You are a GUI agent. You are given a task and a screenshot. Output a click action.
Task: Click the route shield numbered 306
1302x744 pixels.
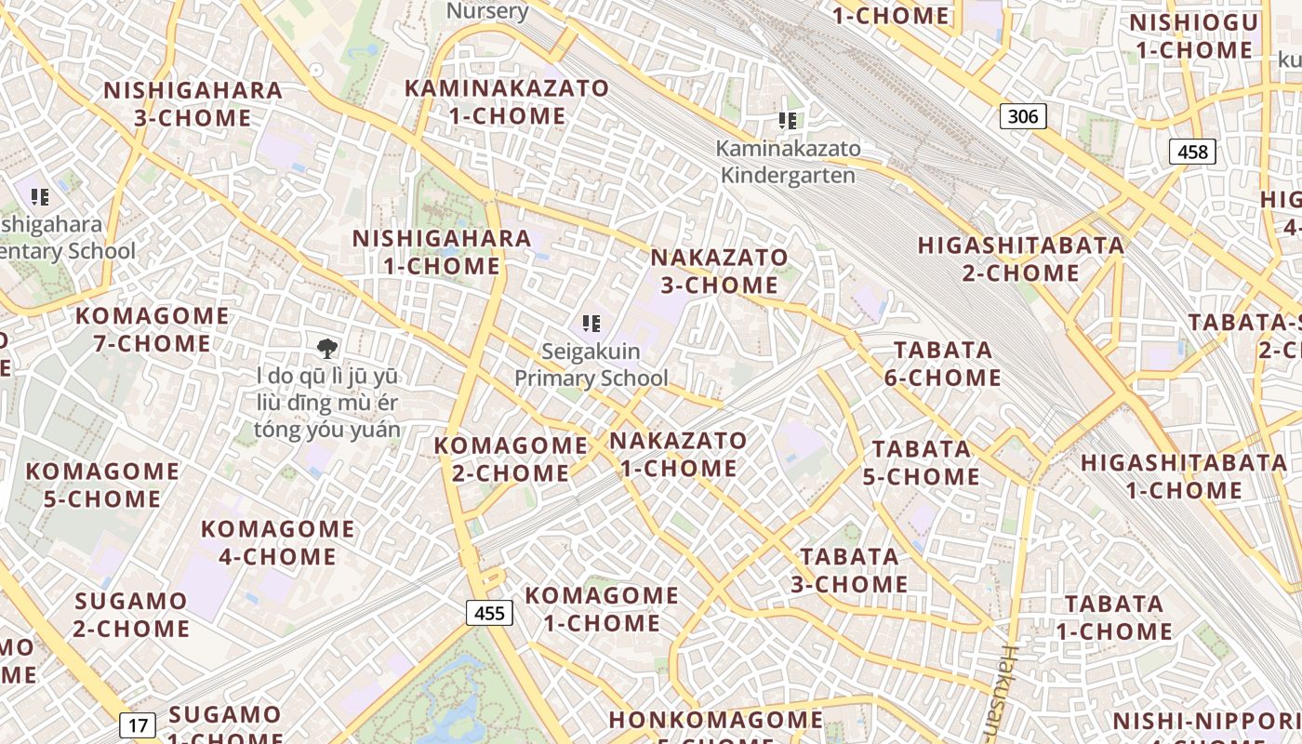click(1023, 116)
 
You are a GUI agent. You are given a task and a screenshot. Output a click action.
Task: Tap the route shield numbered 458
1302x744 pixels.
click(1192, 152)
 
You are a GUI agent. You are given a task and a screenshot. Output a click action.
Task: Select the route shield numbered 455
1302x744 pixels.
click(489, 612)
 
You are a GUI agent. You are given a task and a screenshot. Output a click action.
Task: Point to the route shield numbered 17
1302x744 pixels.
click(138, 725)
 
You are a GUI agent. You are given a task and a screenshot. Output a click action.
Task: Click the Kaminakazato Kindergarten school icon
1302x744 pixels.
click(788, 121)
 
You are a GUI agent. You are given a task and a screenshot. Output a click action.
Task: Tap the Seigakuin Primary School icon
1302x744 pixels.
click(591, 324)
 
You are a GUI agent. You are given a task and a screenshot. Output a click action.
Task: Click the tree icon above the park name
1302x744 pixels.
click(326, 349)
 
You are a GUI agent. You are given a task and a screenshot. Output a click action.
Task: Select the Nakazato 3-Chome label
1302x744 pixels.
click(719, 271)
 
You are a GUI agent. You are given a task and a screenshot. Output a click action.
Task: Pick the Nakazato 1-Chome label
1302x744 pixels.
click(678, 454)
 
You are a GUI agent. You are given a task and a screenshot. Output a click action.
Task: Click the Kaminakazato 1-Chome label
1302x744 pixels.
click(507, 102)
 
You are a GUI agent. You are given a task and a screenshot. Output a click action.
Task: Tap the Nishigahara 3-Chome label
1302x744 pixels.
click(193, 104)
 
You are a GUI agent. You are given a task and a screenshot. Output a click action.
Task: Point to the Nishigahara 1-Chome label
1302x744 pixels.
click(442, 252)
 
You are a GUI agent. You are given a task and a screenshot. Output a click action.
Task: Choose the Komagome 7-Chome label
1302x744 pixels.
click(152, 329)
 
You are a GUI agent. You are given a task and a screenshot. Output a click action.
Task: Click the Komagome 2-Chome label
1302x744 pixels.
click(511, 458)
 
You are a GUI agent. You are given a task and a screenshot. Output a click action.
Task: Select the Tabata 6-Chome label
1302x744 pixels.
click(943, 364)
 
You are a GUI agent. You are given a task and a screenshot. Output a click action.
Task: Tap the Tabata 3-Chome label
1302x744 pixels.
click(849, 570)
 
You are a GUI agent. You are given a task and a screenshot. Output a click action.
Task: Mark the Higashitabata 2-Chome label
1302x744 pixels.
click(1020, 259)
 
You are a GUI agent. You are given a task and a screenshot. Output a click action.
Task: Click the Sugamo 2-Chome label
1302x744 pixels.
click(131, 614)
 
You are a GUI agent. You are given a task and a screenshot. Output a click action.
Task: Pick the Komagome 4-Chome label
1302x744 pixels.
click(277, 542)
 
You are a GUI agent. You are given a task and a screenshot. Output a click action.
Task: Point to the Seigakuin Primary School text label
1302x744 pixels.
click(591, 365)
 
